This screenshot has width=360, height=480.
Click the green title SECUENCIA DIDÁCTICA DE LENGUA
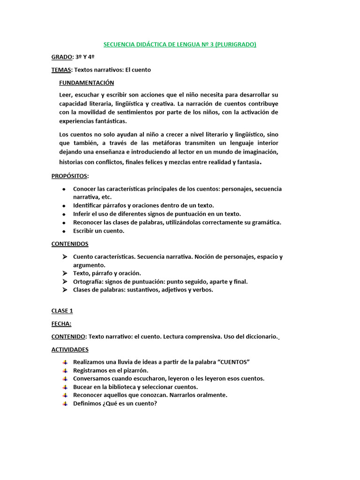pos(180,45)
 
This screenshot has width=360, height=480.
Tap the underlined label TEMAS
pos(61,70)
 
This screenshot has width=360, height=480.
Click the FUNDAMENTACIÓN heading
pos(86,82)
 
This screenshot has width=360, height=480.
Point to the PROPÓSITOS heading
pos(69,176)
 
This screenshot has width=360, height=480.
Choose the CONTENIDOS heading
pos(70,244)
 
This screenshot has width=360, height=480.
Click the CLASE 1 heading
pos(62,311)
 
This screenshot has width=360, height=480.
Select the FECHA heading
pos(61,323)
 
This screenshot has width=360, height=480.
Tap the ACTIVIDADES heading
pos(70,349)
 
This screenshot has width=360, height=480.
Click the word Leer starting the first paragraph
pos(66,95)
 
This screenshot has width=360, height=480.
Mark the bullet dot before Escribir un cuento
pos(64,231)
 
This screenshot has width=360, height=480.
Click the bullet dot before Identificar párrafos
pos(64,206)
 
